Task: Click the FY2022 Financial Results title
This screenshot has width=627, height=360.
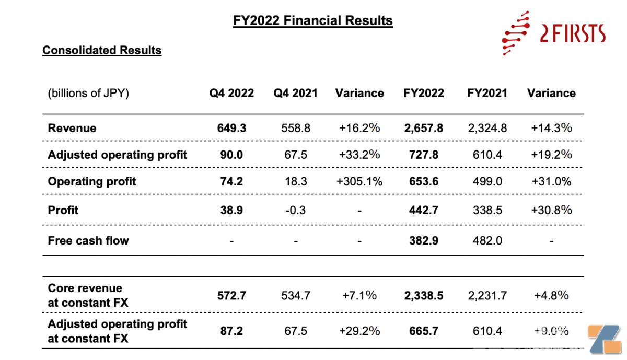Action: point(312,21)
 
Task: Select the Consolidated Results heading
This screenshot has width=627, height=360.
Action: point(102,51)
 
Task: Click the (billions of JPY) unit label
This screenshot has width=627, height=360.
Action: point(88,94)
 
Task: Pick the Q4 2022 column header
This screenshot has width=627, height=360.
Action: point(231,94)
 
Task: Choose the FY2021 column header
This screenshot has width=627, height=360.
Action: point(487,94)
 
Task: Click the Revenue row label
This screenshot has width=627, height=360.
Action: point(72,128)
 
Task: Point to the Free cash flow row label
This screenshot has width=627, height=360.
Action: point(88,241)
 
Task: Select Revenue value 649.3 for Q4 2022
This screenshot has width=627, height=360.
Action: point(231,128)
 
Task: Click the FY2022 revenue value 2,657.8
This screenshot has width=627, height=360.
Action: point(423,128)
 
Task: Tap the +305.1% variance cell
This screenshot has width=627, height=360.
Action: point(359,182)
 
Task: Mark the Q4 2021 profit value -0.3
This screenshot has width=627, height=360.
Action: point(296,210)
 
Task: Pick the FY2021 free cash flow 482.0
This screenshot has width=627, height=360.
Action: point(487,241)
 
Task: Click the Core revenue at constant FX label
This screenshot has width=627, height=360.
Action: point(87,295)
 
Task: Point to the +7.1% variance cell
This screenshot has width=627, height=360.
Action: point(359,295)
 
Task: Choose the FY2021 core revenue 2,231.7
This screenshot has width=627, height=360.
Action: point(487,295)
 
